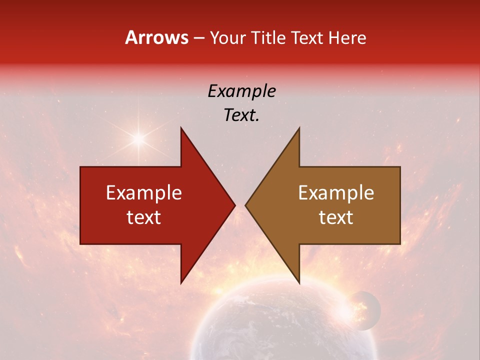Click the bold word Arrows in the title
tap(157, 37)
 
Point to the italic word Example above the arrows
tap(241, 91)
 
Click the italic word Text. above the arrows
tap(241, 115)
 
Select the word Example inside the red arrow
tap(143, 192)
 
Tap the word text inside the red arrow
tap(143, 217)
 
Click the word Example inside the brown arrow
tap(336, 192)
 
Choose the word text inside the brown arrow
tap(336, 217)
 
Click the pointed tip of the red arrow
tap(233, 205)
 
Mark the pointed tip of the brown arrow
tap(247, 205)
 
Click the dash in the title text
tap(198, 38)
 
